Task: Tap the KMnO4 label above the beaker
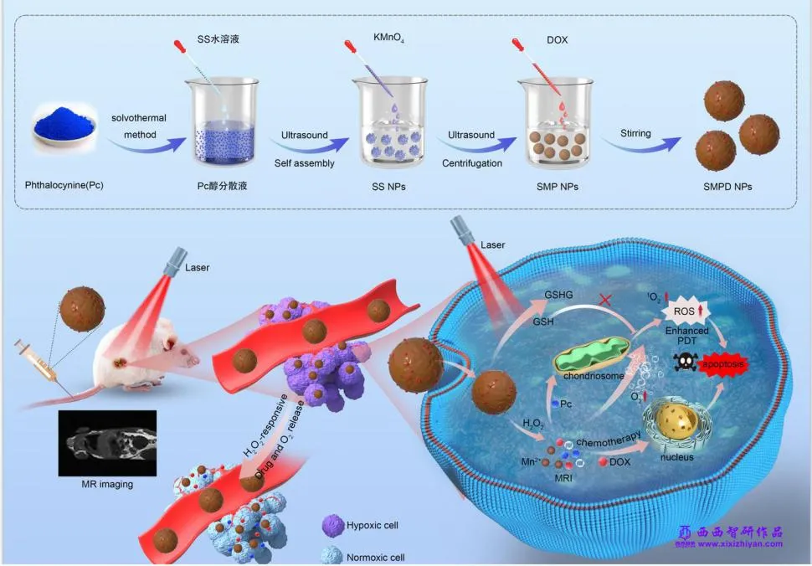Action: tap(389, 39)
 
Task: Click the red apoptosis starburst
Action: tap(715, 366)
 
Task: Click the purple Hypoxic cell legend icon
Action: tap(331, 526)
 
